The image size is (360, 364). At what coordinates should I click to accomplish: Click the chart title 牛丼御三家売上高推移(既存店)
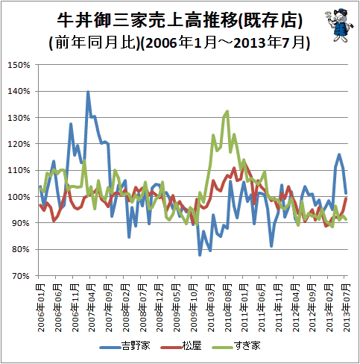tap(180, 20)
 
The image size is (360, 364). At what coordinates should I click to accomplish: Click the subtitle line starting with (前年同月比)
tap(180, 43)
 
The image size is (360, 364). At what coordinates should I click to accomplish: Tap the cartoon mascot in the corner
tap(338, 25)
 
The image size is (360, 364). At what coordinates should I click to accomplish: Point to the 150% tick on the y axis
tap(19, 65)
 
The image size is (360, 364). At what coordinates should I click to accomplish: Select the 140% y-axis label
tap(19, 91)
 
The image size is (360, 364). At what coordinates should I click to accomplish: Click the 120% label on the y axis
tap(19, 144)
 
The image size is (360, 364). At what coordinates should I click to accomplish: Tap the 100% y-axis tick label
tap(19, 197)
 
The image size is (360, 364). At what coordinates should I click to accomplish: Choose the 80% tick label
tap(21, 249)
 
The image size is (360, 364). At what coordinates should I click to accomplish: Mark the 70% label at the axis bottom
tap(21, 276)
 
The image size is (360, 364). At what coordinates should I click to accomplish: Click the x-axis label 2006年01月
tap(41, 308)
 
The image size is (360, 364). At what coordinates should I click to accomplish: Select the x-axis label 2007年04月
tap(92, 308)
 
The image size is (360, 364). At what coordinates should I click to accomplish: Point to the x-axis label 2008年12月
tap(160, 308)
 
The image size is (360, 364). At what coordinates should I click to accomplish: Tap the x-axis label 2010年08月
tap(227, 308)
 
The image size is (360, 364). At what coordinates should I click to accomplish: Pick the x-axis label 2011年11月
tap(278, 308)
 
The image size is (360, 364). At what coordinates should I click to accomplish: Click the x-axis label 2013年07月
tap(346, 308)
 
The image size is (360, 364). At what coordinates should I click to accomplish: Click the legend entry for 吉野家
tap(125, 346)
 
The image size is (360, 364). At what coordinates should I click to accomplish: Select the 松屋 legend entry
tap(181, 346)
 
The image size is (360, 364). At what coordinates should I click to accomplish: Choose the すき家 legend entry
tap(236, 346)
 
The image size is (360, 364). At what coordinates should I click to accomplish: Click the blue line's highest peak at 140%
tap(88, 92)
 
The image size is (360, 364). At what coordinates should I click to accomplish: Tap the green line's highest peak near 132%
tap(227, 111)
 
